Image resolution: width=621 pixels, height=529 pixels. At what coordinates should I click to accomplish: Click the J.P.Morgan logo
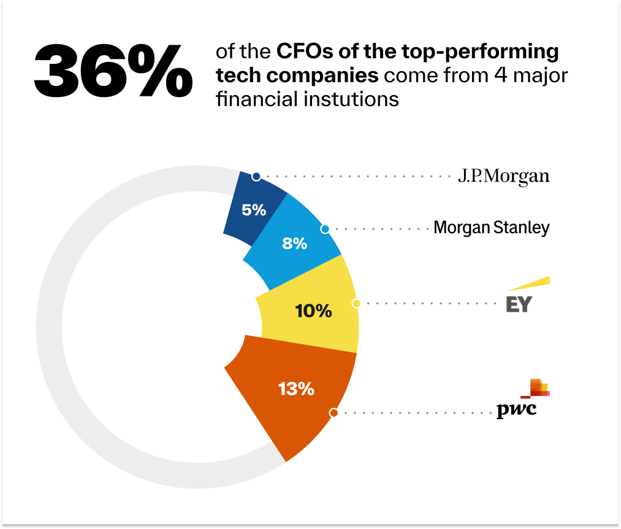tap(504, 177)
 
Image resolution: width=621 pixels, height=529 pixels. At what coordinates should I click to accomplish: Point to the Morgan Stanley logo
tap(491, 228)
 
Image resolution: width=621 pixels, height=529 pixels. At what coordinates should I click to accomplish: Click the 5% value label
tap(254, 210)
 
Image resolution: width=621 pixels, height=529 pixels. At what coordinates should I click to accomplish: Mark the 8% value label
tap(294, 244)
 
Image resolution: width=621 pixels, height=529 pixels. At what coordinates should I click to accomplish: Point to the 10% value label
tap(313, 311)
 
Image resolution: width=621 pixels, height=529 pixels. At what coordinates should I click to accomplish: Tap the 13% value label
tap(296, 388)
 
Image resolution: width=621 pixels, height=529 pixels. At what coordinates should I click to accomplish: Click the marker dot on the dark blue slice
tap(256, 177)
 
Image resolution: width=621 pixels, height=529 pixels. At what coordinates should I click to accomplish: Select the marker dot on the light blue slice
tap(325, 229)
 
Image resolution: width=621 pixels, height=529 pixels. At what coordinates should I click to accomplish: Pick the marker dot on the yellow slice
tap(356, 303)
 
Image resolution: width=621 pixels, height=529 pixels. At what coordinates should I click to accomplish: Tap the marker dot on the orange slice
tap(333, 413)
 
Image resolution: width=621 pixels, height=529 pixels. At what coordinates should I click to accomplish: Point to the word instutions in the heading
tap(352, 98)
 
